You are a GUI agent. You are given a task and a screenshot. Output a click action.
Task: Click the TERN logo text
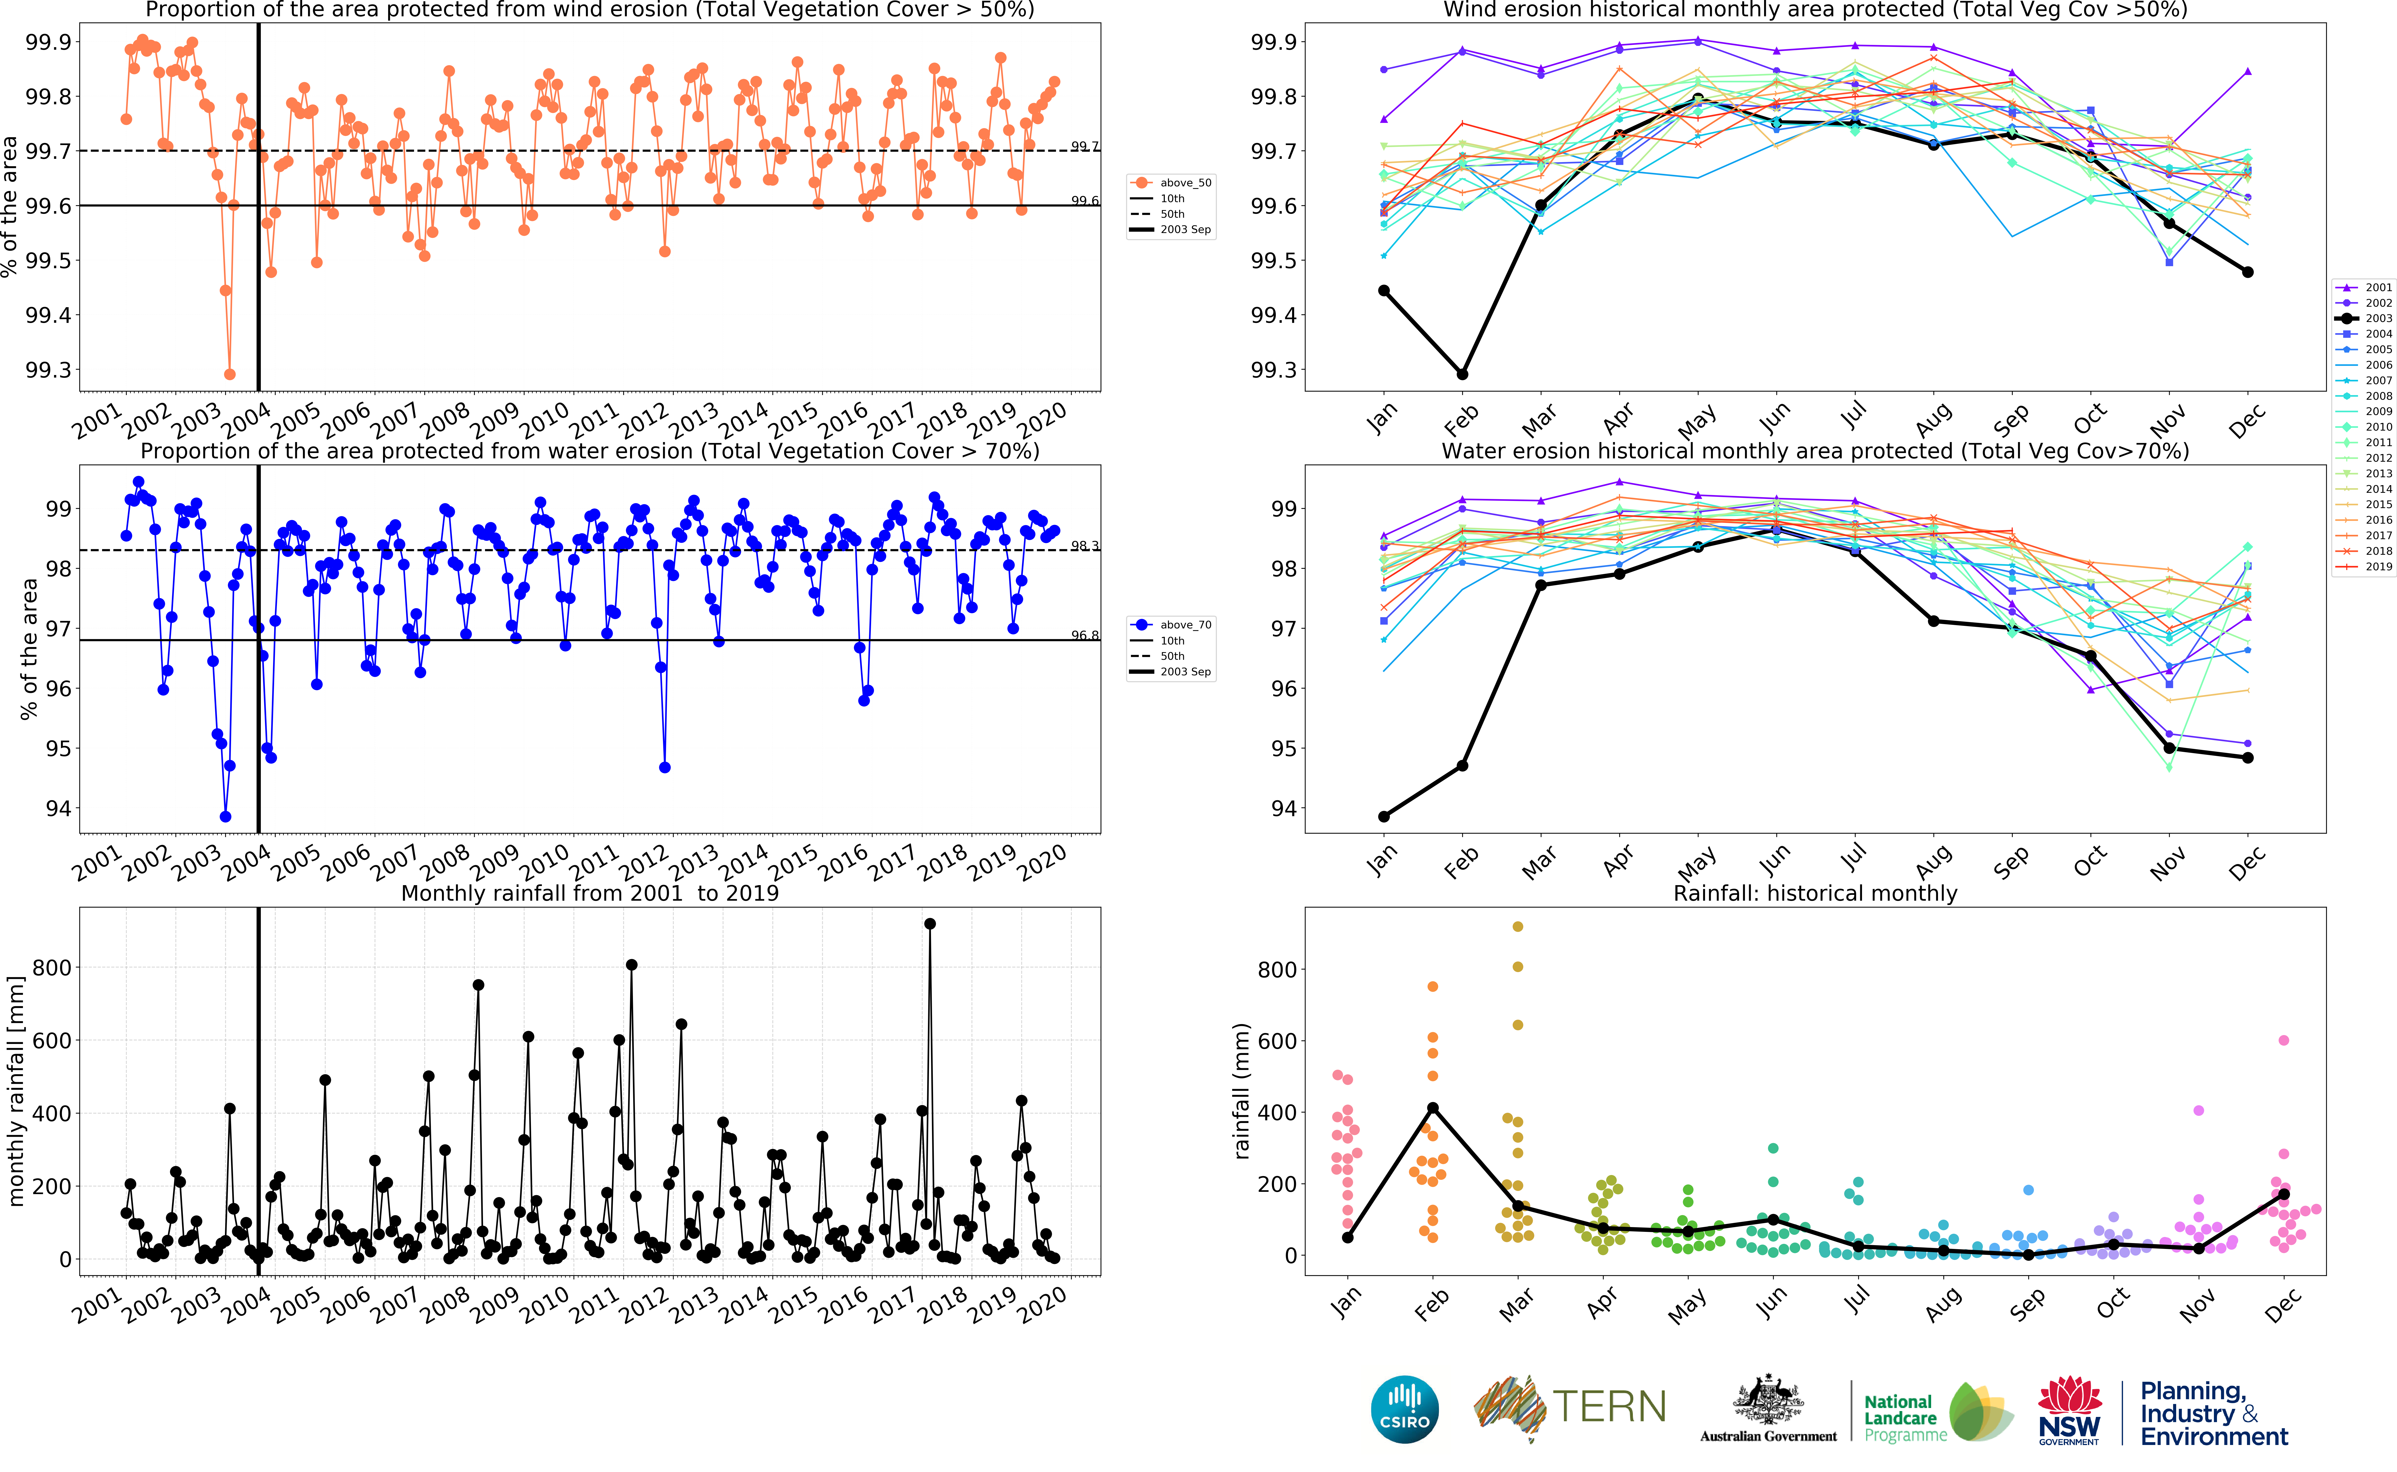click(x=1608, y=1407)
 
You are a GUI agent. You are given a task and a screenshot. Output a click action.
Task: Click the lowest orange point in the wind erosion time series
click(x=230, y=374)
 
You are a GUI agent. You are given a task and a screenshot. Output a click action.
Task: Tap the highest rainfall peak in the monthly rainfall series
click(x=930, y=924)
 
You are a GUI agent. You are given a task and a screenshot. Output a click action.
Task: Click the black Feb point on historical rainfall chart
click(x=1432, y=1108)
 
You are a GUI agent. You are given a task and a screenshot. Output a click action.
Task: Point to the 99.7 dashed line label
click(x=1085, y=146)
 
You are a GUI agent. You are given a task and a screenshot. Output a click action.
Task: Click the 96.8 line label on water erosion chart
click(x=1085, y=635)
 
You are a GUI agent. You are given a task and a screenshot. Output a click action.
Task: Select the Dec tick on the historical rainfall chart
click(x=2281, y=1305)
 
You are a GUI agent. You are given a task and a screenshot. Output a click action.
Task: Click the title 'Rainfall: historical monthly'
click(x=1815, y=893)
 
